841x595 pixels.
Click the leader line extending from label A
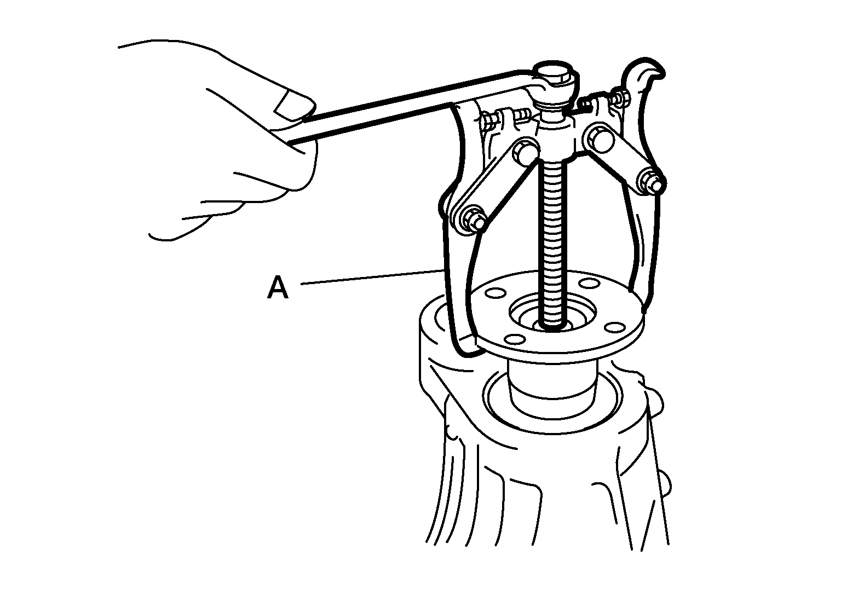372,277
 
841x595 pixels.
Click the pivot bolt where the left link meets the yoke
525,152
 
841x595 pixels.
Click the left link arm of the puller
496,188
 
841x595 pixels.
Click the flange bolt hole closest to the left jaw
492,292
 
